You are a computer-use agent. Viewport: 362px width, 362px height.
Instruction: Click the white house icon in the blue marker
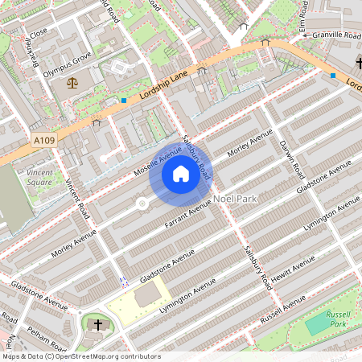[181, 173]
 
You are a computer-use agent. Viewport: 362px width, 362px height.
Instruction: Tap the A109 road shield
[46, 141]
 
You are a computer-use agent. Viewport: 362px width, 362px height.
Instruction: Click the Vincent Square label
[39, 177]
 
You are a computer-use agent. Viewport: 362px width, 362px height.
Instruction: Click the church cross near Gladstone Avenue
[98, 325]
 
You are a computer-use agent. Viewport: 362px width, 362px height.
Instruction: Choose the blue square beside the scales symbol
[124, 100]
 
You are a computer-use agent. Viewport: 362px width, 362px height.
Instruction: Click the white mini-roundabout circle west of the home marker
[142, 204]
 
